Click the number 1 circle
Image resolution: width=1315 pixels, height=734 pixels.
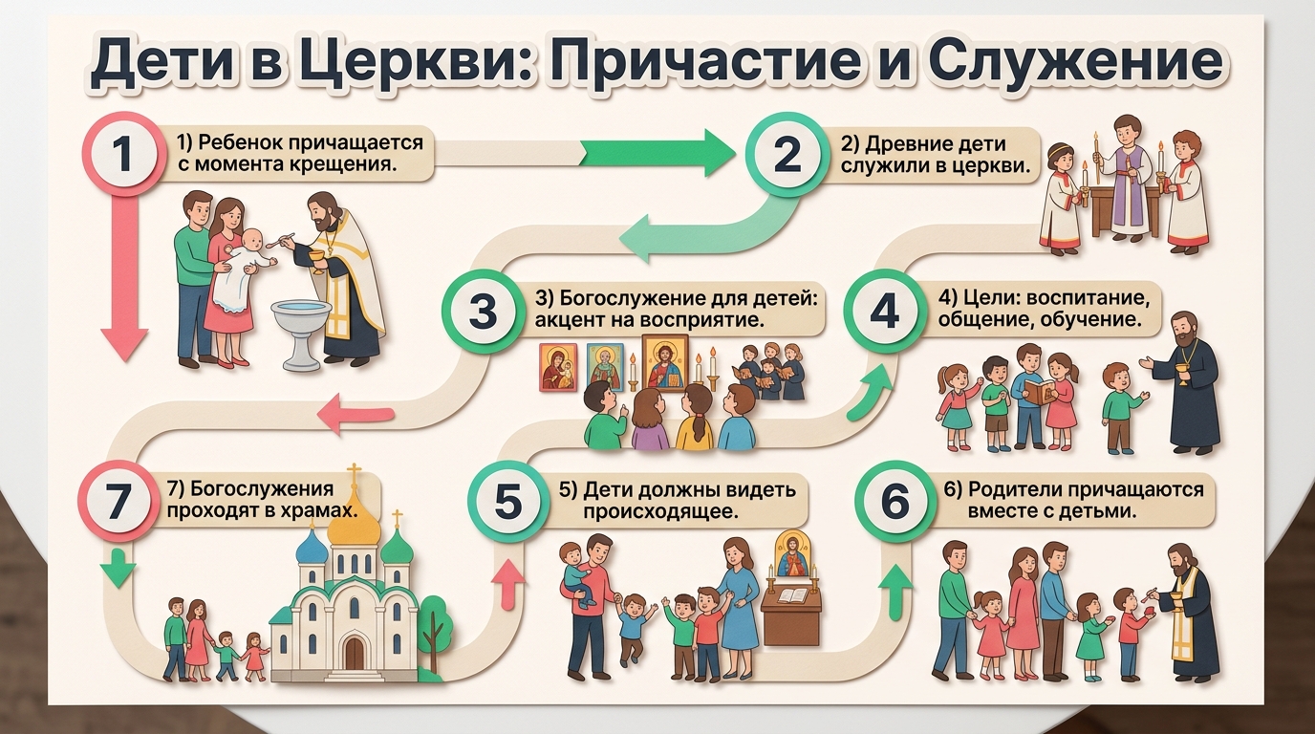point(121,156)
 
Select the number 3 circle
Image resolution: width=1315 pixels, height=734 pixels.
point(485,312)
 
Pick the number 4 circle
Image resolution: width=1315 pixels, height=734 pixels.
point(885,311)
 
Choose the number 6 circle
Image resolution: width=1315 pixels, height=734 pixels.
point(895,502)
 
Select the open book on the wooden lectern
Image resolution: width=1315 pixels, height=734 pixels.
point(793,595)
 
